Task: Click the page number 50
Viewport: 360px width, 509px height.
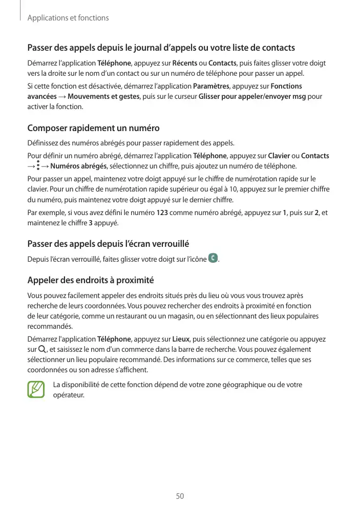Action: pos(180,496)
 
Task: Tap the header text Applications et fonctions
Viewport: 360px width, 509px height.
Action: pos(68,18)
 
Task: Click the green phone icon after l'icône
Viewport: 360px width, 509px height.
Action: pos(213,259)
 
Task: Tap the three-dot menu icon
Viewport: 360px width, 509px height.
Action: pos(37,166)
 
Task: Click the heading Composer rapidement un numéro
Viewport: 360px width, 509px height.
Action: pos(93,128)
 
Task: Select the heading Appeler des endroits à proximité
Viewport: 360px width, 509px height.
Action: pos(91,281)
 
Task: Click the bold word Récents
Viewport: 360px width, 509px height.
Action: pos(185,63)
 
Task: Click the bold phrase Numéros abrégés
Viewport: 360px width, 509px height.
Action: pos(78,166)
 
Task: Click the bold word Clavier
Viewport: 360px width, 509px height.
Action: pos(279,156)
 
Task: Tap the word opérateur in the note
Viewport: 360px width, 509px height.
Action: pos(69,395)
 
